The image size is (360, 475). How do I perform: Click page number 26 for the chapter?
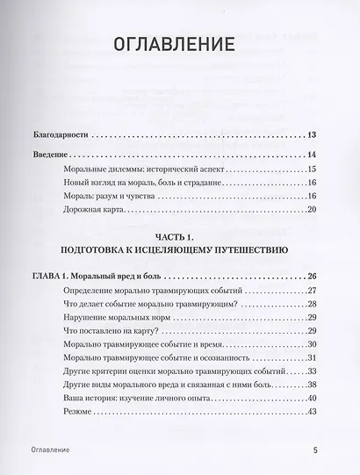click(x=312, y=277)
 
